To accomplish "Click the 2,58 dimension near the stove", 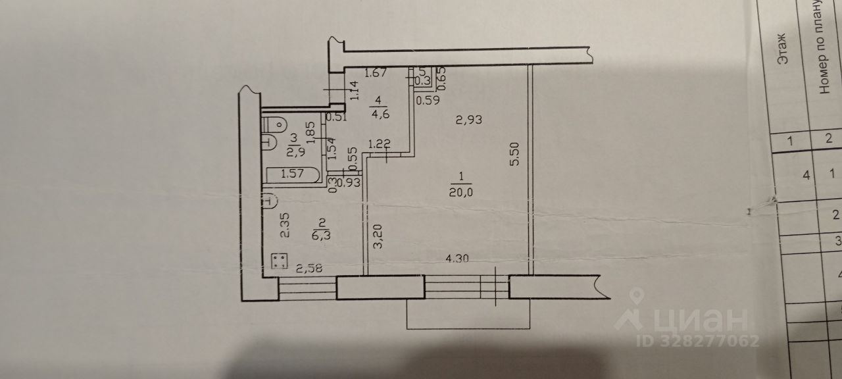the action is coord(309,268).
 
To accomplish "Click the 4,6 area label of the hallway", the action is coord(379,108).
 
